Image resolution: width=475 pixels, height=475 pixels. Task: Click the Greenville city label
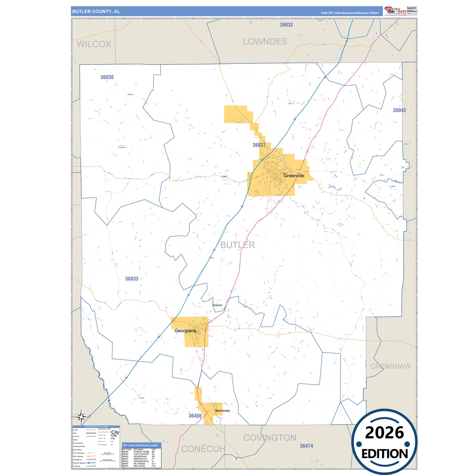pos(294,176)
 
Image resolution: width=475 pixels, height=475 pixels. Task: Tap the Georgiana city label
pos(185,331)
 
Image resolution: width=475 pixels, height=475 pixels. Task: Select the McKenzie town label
pos(223,411)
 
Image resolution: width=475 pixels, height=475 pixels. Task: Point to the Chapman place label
pos(217,305)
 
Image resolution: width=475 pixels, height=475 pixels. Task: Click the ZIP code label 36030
pos(107,77)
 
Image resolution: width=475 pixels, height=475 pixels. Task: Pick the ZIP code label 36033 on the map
pos(131,279)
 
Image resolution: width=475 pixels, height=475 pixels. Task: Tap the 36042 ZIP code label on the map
pos(399,110)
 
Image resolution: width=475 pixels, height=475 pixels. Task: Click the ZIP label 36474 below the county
pos(306,446)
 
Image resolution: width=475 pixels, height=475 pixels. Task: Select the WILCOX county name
pos(94,44)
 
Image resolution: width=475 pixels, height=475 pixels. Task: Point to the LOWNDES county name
pos(265,42)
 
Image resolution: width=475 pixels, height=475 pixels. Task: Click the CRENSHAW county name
pos(390,366)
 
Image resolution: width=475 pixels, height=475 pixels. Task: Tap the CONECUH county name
pos(203,449)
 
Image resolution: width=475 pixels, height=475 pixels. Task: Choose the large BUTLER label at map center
pos(237,245)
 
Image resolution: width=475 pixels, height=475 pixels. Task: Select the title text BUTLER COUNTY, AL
pos(96,12)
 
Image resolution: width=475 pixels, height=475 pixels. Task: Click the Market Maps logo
pos(395,11)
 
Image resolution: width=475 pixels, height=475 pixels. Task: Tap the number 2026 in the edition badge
pos(384,433)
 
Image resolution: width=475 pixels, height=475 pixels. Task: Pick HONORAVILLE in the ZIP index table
pos(141,461)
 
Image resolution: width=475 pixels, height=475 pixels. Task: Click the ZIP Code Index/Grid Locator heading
pos(140,445)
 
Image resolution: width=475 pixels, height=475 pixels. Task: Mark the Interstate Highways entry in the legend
pos(79,463)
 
